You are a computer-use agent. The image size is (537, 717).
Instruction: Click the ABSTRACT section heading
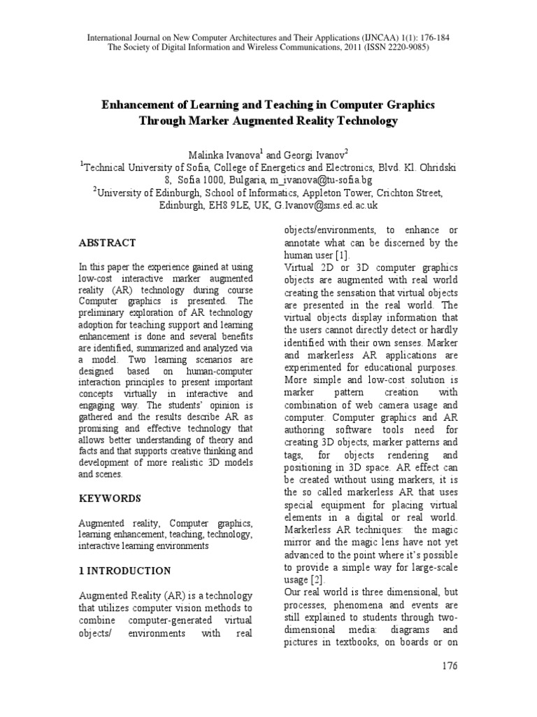[x=107, y=243]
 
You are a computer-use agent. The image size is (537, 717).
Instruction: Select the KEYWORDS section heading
[x=110, y=499]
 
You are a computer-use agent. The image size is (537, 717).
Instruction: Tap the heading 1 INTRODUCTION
[x=124, y=571]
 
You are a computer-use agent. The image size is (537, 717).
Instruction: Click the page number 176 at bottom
[x=450, y=666]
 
